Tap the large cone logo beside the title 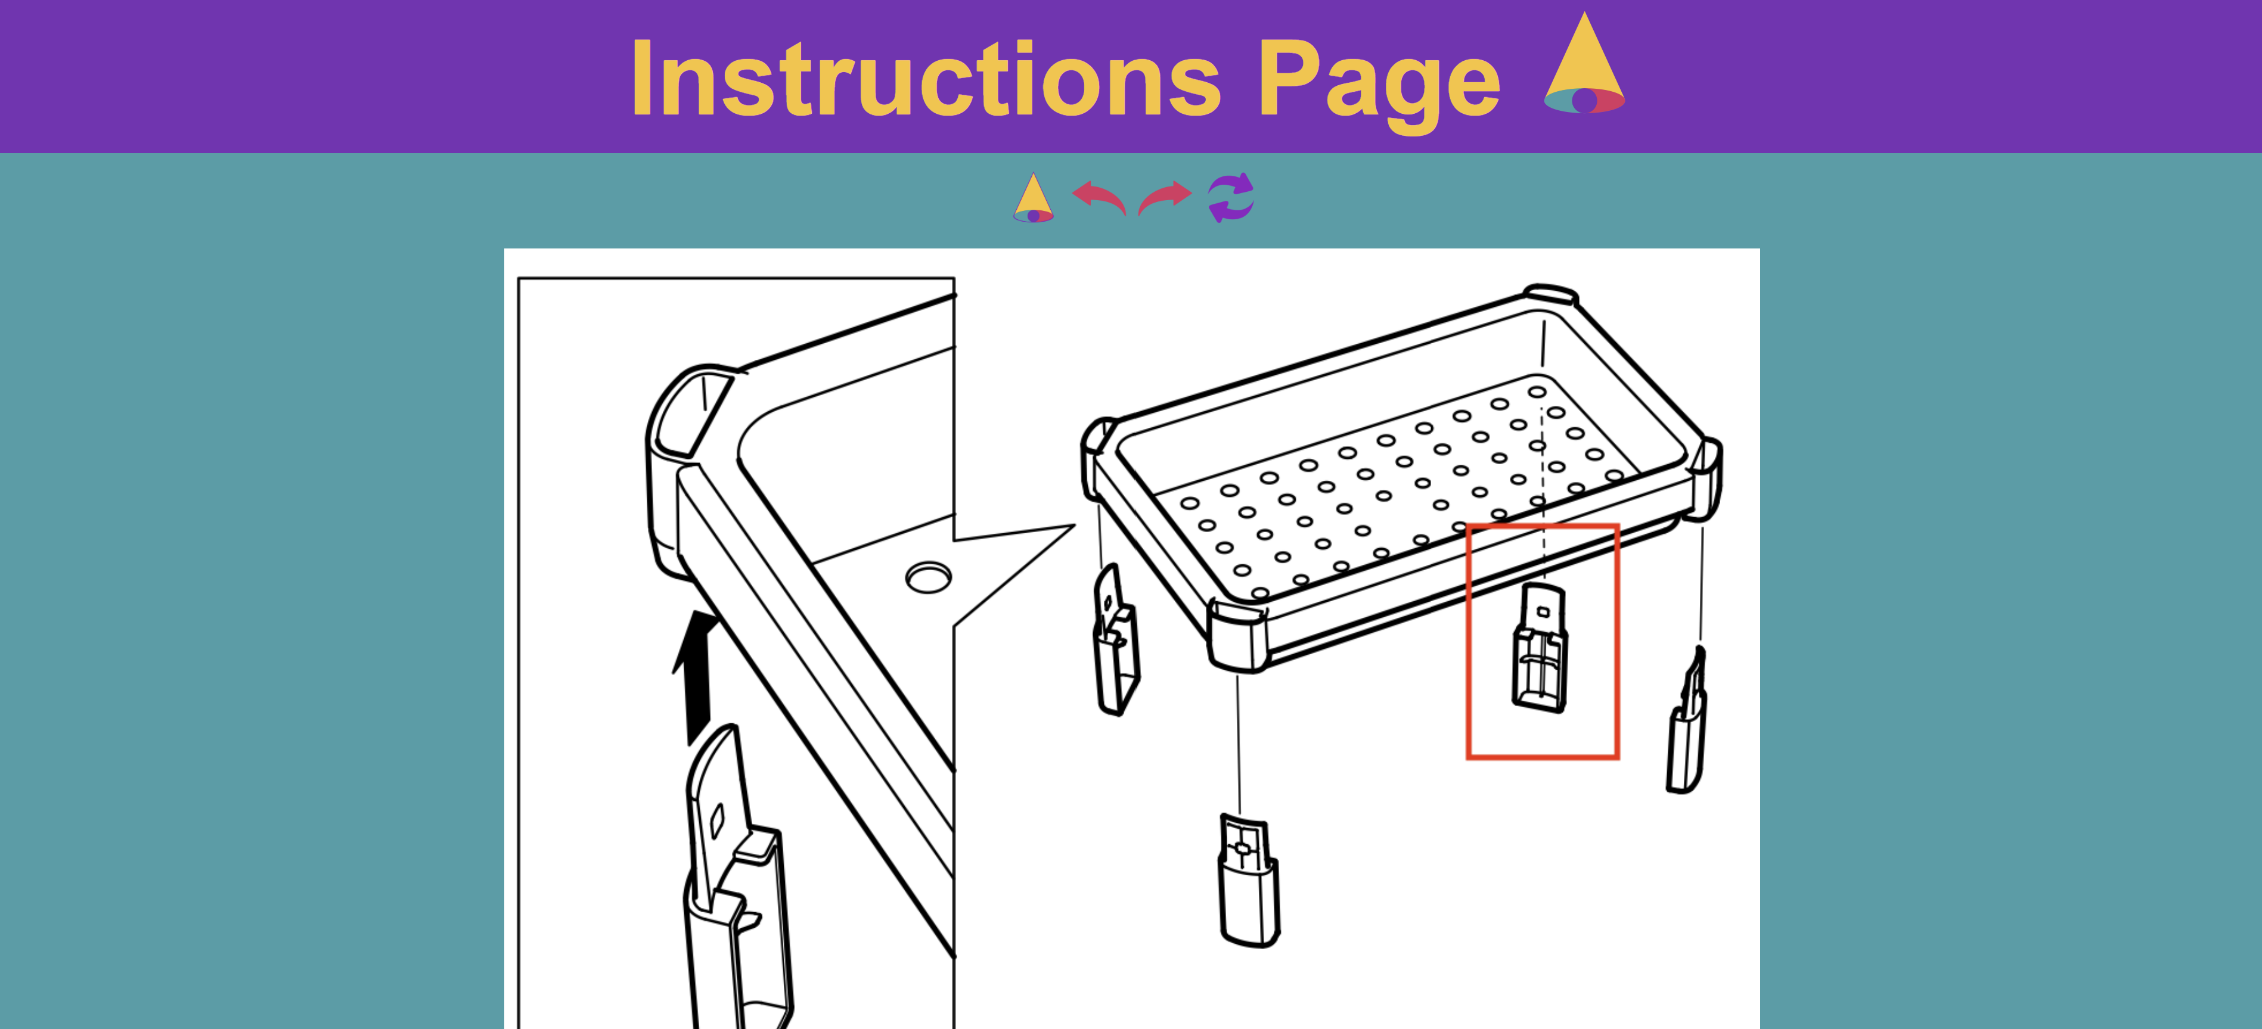click(1584, 63)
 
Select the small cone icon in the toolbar click(1034, 198)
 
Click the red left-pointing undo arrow click(1099, 197)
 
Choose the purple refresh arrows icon click(1231, 198)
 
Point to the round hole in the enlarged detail click(928, 578)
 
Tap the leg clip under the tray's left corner click(1115, 640)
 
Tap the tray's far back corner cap click(1552, 295)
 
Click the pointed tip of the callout click(1074, 526)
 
